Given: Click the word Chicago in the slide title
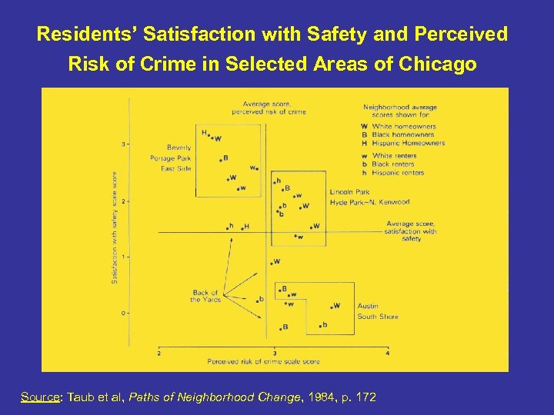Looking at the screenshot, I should (x=439, y=65).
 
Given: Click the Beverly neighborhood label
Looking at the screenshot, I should (x=179, y=147).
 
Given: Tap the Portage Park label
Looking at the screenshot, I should (x=170, y=158).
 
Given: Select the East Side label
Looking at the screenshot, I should (x=176, y=168).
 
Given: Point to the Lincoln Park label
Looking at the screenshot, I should (x=349, y=191).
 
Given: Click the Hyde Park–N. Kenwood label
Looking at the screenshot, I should (x=369, y=202).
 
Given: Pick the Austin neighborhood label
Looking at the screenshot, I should (x=368, y=306).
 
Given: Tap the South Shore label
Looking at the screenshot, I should (x=378, y=317).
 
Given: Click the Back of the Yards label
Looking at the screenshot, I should (x=205, y=296).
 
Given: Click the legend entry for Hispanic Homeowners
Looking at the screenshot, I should (x=408, y=143).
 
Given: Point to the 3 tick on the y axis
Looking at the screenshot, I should (x=124, y=144).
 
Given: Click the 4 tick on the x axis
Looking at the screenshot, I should (x=387, y=353).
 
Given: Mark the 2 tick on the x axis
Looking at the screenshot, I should (x=159, y=353).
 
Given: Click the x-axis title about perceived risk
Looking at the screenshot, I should (x=262, y=360).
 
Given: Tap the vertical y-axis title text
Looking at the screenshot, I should (x=115, y=227).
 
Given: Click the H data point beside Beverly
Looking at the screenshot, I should (x=204, y=133).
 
